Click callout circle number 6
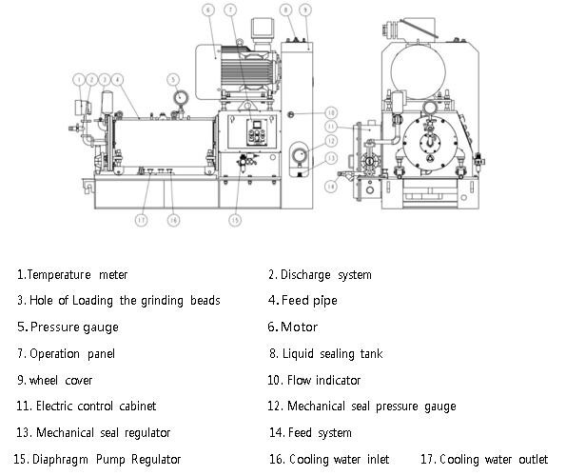coord(208,10)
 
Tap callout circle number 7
coord(230,10)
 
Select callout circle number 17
coord(142,220)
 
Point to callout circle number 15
coord(235,220)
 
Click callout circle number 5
coord(173,79)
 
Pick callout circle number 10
coord(330,112)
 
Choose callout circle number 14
coord(330,186)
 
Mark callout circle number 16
coord(173,220)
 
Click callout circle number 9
coord(304,10)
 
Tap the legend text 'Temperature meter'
coord(77,275)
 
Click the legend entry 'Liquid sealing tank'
coord(332,354)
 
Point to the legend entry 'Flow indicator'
coord(323,380)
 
